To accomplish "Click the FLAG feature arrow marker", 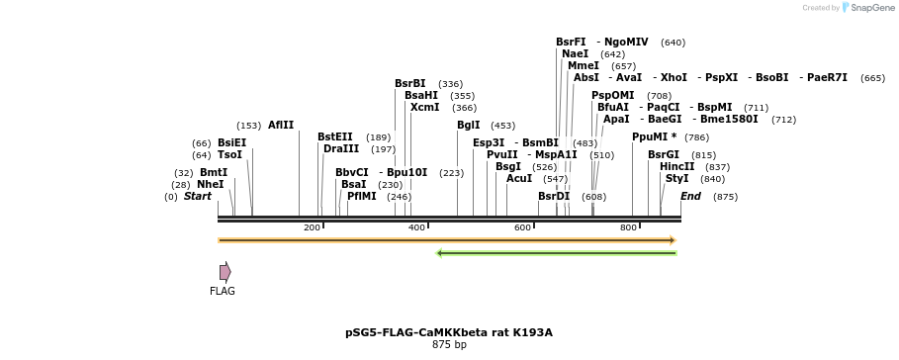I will coord(225,271).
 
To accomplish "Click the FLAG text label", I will coord(223,292).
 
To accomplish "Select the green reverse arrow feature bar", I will coord(557,253).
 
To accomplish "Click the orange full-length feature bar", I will coord(447,240).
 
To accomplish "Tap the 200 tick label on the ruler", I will coord(312,227).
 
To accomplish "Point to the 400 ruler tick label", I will coord(416,227).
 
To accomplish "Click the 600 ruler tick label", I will coord(522,227).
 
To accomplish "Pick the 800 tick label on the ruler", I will coord(628,227).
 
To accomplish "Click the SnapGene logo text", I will coord(873,8).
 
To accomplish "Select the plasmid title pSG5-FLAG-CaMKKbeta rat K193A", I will coord(449,332).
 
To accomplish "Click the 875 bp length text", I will coord(449,345).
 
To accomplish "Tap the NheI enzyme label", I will coord(210,184).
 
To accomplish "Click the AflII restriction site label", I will coord(281,126).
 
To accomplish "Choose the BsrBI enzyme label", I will coord(410,83).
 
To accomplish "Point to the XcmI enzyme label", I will coord(424,107).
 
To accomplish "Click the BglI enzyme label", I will coord(468,126).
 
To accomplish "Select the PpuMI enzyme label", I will coord(655,136).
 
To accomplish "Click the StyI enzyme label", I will coord(676,178).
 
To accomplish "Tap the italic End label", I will coord(690,196).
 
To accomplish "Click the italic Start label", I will coord(198,196).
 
